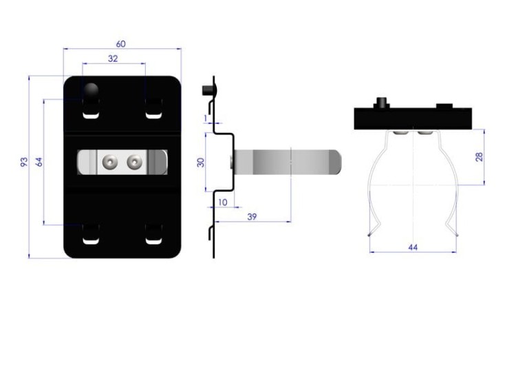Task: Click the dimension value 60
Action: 121,44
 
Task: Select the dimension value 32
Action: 113,59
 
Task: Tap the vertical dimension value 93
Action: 24,162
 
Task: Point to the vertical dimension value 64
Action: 39,162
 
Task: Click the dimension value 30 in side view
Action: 200,163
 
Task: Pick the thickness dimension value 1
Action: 206,118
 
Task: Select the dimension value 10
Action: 223,202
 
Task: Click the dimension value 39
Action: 252,217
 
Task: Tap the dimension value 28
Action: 480,156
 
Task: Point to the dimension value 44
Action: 413,247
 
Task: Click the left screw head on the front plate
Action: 109,162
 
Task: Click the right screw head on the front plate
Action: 135,162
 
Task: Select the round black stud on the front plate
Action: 91,90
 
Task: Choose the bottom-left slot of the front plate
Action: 91,234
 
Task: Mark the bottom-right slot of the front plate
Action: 153,234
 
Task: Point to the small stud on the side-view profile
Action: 208,90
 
